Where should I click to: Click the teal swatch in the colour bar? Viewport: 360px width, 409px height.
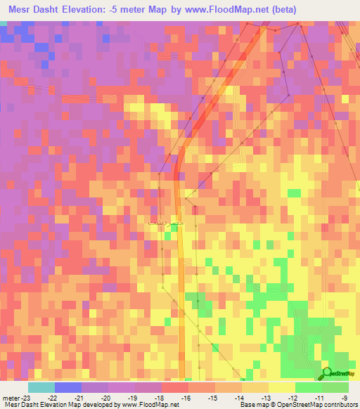click(41, 387)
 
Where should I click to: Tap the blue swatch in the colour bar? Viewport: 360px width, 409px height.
click(68, 387)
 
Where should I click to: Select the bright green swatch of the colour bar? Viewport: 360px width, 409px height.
click(308, 387)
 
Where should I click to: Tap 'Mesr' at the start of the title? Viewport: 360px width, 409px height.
click(20, 9)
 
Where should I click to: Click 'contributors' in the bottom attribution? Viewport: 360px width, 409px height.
click(342, 405)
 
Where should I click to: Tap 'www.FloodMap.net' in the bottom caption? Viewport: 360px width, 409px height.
click(149, 405)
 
